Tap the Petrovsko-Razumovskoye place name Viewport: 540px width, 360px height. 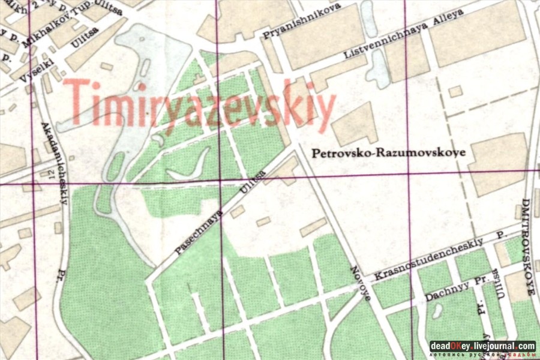[x=389, y=153]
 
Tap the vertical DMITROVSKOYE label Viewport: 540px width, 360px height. [x=528, y=246]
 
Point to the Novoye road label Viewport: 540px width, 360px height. [x=361, y=282]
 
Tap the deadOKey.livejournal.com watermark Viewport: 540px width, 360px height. [x=482, y=346]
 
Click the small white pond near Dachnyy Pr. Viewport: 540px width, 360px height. [x=437, y=311]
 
